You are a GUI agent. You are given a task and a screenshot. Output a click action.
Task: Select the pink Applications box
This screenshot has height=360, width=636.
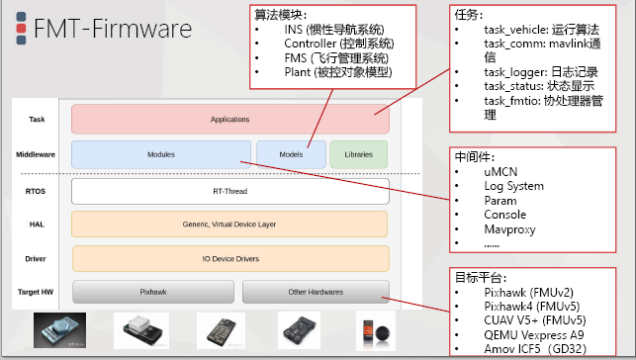click(x=229, y=119)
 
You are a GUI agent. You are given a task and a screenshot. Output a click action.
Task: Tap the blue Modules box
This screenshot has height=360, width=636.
click(x=161, y=155)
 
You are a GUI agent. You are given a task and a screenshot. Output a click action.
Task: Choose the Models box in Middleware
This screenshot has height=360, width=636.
click(x=291, y=155)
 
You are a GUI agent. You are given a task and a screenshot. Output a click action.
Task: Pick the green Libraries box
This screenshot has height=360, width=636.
click(x=358, y=155)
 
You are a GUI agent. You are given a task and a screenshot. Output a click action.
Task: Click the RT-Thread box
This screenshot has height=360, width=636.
click(x=229, y=190)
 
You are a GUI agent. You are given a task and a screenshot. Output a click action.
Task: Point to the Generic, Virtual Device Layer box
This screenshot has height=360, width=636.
click(x=229, y=225)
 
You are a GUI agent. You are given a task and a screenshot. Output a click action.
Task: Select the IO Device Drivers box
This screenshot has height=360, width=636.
click(x=229, y=259)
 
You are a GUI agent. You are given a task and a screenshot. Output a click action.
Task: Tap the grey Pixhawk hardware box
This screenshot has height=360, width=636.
click(x=152, y=293)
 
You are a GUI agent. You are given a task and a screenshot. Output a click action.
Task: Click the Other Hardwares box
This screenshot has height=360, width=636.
click(x=315, y=293)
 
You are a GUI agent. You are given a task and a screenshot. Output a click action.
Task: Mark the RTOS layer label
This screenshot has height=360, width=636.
click(x=37, y=190)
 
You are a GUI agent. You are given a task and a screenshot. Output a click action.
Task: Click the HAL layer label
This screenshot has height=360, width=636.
click(x=37, y=225)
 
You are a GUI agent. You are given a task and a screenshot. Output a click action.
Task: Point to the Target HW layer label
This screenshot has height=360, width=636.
click(x=37, y=293)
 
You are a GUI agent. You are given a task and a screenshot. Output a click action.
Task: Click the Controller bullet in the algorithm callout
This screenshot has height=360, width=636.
click(x=337, y=44)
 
